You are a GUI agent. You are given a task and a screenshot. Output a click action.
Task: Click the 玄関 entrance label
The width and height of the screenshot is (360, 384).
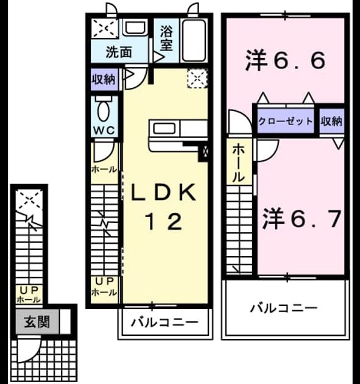click(37, 322)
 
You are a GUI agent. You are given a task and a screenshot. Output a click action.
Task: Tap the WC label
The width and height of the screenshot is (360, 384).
click(104, 130)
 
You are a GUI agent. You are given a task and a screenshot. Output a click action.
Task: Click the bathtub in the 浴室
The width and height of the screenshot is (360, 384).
click(193, 41)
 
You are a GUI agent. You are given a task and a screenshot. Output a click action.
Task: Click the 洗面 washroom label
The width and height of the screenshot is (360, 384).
click(119, 52)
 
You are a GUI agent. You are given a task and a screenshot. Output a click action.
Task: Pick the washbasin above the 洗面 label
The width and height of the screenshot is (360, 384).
click(135, 29)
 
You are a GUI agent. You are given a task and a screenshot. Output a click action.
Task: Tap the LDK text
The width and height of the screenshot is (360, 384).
click(163, 192)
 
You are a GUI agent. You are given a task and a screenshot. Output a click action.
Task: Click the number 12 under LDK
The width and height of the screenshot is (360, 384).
click(164, 221)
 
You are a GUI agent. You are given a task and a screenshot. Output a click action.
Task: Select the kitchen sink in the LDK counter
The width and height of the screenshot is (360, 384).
click(164, 129)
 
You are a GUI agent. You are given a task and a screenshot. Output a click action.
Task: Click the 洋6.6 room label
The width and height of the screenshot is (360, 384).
click(285, 60)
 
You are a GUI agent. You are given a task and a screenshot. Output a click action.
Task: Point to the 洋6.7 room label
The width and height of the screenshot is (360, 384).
click(302, 219)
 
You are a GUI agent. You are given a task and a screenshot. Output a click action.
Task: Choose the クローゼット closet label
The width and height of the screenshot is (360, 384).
click(286, 121)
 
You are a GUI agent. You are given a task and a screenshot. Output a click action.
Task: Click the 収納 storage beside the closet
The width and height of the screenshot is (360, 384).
click(331, 121)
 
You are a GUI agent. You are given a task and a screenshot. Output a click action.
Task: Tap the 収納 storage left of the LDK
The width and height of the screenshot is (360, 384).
click(104, 79)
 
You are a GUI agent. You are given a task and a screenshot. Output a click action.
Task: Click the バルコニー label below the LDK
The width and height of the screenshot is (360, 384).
click(164, 322)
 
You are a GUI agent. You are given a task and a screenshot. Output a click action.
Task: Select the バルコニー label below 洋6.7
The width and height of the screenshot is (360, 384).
click(284, 308)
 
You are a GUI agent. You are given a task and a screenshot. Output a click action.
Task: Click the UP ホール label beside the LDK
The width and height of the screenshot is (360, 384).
click(104, 286)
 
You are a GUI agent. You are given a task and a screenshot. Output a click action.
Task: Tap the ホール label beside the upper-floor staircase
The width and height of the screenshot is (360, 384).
click(238, 163)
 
